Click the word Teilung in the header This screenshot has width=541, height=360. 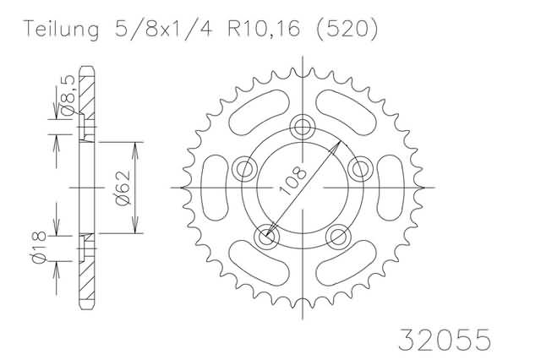61,30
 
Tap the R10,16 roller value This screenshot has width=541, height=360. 264,30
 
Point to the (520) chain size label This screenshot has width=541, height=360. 347,30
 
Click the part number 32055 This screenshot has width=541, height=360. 445,340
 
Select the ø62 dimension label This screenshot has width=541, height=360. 123,188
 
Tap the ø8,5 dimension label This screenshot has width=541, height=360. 68,96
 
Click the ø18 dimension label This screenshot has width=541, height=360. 39,248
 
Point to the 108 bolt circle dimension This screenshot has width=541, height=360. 292,181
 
